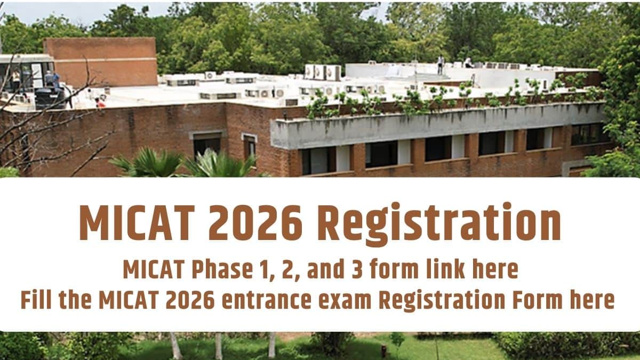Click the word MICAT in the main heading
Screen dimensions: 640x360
pos(137,222)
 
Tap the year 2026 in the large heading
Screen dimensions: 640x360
pos(255,222)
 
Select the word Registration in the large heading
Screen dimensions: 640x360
pos(439,224)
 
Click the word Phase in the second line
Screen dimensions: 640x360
pos(222,269)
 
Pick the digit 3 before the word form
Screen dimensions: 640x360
pos(357,269)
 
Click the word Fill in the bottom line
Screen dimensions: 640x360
pos(36,299)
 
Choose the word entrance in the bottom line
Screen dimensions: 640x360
pos(266,300)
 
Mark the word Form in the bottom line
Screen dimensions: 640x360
pos(538,300)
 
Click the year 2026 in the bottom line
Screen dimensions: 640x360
pos(190,300)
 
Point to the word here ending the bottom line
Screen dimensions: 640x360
pos(592,299)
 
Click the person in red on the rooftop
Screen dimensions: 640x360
pos(100,102)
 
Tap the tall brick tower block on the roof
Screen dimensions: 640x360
pos(101,61)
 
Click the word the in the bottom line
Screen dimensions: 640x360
pos(75,299)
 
